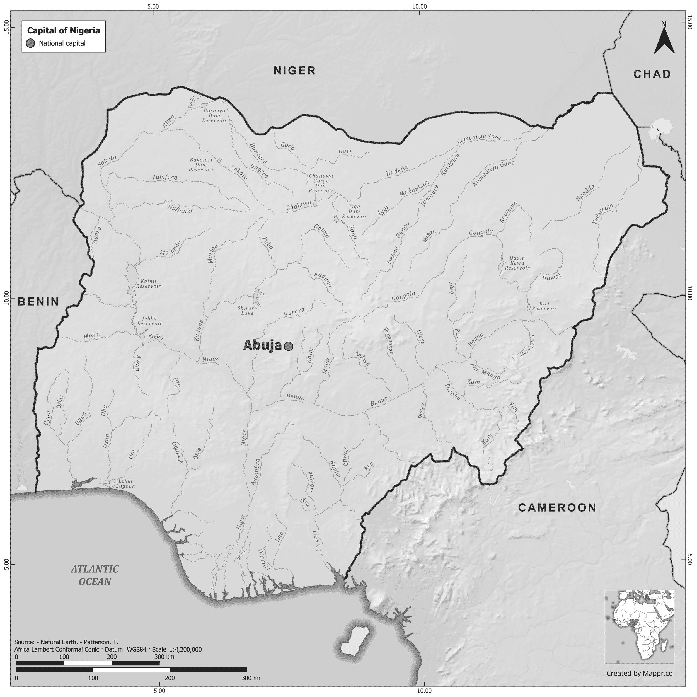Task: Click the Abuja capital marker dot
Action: pyautogui.click(x=288, y=346)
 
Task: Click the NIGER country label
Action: pyautogui.click(x=294, y=71)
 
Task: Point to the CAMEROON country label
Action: pyautogui.click(x=557, y=508)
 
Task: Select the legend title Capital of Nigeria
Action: pyautogui.click(x=64, y=31)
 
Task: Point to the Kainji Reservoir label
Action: pyautogui.click(x=148, y=284)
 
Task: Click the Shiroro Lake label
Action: pyautogui.click(x=247, y=311)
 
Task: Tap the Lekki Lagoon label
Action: pyautogui.click(x=125, y=483)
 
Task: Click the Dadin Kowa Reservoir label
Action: pyautogui.click(x=517, y=263)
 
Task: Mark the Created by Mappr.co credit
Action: pyautogui.click(x=639, y=673)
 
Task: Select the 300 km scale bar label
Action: pyautogui.click(x=164, y=657)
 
